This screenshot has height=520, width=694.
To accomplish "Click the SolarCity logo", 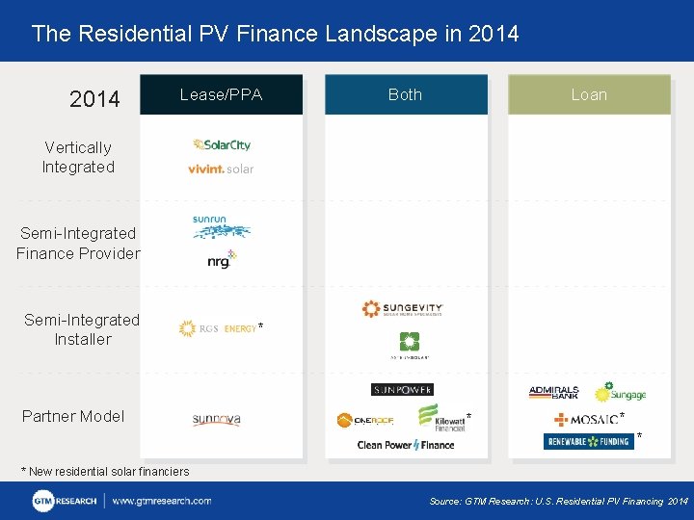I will (x=221, y=144).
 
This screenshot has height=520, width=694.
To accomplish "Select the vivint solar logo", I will (x=221, y=169).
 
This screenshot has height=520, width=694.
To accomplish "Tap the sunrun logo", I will (x=221, y=226).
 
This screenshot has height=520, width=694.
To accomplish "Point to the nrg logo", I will (x=222, y=258).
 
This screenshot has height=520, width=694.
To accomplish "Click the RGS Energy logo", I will (x=217, y=329).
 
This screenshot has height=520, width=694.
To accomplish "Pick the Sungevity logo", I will (x=402, y=309).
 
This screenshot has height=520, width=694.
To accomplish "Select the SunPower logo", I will (x=402, y=389).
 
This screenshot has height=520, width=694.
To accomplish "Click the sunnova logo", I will (x=216, y=419).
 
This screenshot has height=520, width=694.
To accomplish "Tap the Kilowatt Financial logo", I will (x=440, y=417).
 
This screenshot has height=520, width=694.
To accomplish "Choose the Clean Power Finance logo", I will (x=405, y=445).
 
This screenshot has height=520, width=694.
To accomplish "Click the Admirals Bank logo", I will (x=553, y=392).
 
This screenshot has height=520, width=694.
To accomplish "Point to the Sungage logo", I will (x=620, y=392).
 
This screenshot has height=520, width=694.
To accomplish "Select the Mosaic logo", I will (x=585, y=419).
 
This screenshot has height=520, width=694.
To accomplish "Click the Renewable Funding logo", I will (x=588, y=442).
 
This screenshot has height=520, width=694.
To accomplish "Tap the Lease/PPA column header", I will (x=221, y=94).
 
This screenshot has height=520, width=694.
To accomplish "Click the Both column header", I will (x=405, y=94).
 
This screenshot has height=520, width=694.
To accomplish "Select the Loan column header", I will (x=589, y=94).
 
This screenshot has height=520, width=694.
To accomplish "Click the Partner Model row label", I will (x=73, y=416).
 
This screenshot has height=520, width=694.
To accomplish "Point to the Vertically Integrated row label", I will (x=78, y=157).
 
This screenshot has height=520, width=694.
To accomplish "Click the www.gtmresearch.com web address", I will (x=162, y=501).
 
